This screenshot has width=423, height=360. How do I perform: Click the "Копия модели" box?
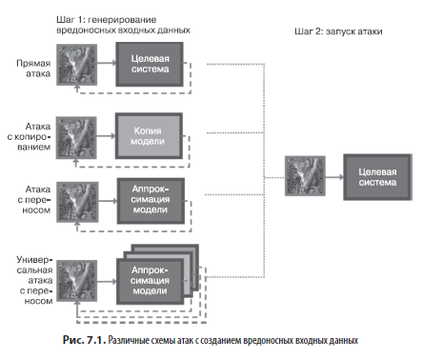click(x=149, y=136)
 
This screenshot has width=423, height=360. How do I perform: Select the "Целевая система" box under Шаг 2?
click(x=377, y=177)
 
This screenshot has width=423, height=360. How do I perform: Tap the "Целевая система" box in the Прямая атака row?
click(x=150, y=64)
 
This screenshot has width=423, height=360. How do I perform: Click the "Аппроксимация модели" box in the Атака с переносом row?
click(x=151, y=201)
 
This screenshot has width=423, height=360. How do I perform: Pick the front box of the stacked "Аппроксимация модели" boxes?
click(x=150, y=281)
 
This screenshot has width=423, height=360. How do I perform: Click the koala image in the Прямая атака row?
click(x=77, y=65)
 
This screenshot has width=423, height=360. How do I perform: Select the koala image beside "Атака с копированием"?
click(x=76, y=137)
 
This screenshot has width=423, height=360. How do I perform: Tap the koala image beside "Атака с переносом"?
click(x=77, y=202)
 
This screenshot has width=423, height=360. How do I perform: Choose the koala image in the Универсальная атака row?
click(x=77, y=281)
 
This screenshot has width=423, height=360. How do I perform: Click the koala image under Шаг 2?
click(x=305, y=176)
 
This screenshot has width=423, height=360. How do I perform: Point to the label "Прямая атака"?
click(x=33, y=69)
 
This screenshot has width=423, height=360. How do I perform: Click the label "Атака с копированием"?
click(x=29, y=137)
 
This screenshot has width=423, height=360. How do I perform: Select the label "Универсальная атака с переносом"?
click(x=34, y=280)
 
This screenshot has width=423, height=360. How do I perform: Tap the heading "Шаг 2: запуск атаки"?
click(x=338, y=31)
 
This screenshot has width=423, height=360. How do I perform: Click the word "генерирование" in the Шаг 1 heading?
click(x=122, y=20)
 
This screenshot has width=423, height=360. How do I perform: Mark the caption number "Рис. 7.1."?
click(x=84, y=340)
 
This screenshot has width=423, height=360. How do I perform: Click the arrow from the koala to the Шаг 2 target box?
click(x=334, y=177)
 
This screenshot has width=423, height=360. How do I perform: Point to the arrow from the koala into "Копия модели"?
click(x=106, y=136)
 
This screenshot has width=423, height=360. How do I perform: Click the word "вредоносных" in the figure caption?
click(x=269, y=340)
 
